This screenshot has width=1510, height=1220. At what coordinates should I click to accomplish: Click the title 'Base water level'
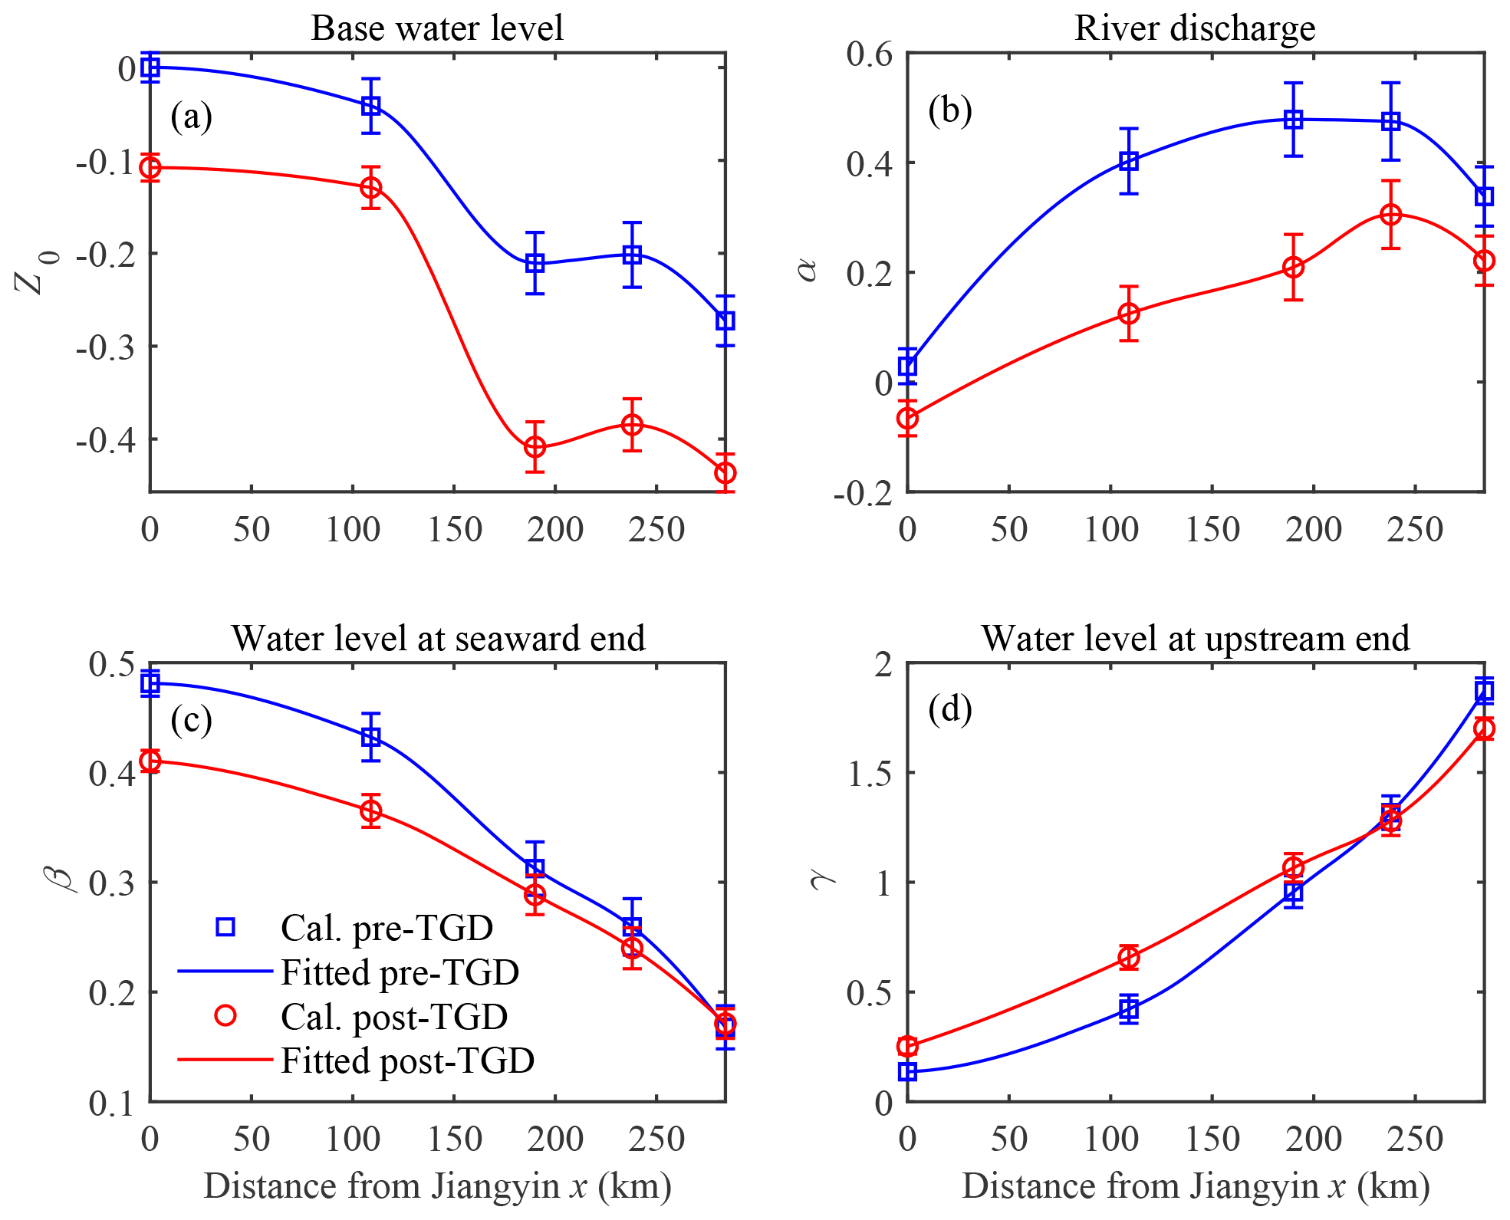point(436,28)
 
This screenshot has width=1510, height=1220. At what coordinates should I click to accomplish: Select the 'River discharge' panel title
point(1194,28)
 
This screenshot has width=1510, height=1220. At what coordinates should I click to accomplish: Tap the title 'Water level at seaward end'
point(438,639)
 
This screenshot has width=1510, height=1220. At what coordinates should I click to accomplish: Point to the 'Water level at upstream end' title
point(1195,639)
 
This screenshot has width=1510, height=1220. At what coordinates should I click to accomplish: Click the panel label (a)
point(191,117)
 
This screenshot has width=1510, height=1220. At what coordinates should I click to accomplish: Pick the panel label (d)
point(949,709)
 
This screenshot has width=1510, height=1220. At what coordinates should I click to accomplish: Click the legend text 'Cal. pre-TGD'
point(387,928)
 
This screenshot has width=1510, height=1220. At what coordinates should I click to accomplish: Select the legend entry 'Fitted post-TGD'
point(407,1061)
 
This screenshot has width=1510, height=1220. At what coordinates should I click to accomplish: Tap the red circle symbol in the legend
point(225,1016)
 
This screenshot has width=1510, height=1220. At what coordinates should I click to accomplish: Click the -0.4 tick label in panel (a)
point(106,440)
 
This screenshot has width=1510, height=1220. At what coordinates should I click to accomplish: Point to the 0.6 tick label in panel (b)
point(869,54)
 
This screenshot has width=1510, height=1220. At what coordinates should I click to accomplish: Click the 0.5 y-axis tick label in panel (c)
point(112,664)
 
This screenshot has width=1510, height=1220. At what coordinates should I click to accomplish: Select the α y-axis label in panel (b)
point(807,271)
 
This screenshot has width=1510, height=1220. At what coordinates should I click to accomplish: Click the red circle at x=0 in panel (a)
point(150,168)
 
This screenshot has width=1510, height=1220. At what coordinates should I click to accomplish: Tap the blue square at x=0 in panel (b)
point(907,366)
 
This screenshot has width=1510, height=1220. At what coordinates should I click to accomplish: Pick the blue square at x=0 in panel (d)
point(907,1071)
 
